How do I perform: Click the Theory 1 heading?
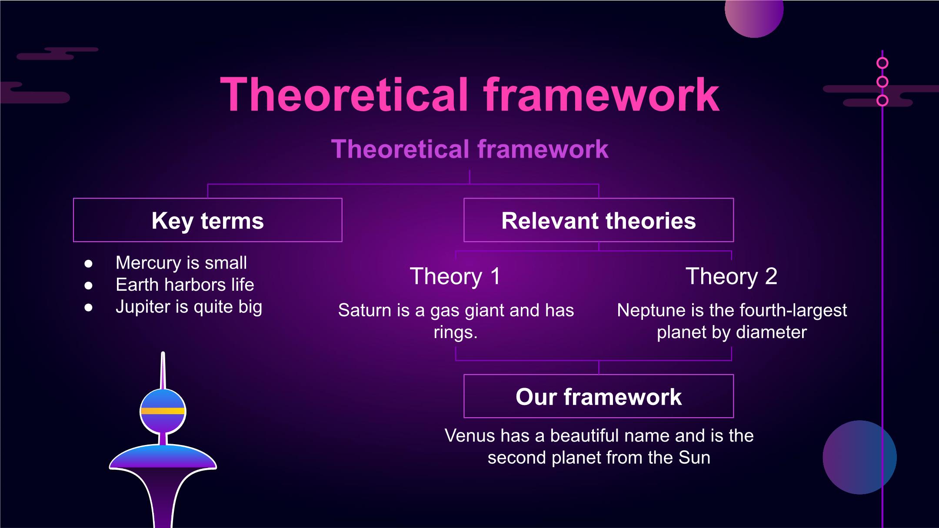pos(455,276)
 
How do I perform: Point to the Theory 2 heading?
pos(731,276)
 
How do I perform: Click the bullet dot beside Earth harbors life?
pos(89,286)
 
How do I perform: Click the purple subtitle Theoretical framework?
pos(469,149)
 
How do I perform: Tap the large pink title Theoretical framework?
pos(469,94)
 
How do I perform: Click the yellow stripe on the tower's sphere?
pos(163,411)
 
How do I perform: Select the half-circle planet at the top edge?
pos(754,17)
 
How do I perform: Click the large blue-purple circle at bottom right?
pos(859,457)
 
